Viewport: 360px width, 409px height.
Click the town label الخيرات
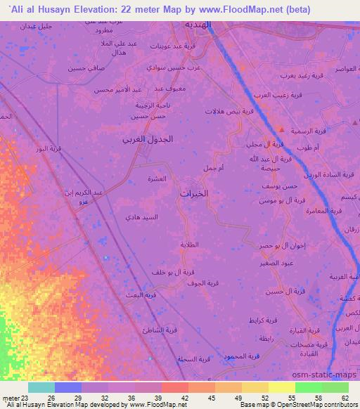195,193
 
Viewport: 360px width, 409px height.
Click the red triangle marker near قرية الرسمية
281,129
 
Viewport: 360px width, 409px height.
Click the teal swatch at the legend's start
41,387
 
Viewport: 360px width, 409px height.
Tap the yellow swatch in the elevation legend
282,387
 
